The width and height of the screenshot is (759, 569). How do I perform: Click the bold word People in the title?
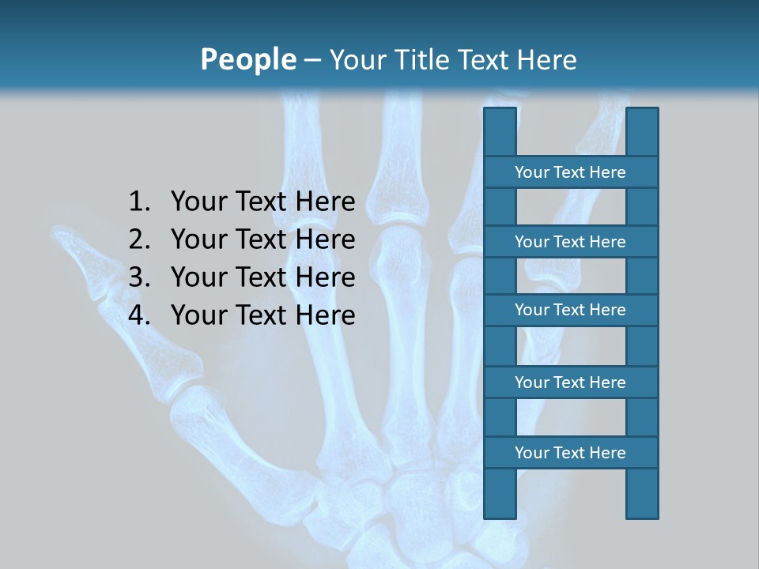(247, 59)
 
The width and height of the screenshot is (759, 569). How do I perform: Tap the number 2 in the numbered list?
(138, 239)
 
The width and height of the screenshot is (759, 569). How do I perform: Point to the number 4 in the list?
(138, 315)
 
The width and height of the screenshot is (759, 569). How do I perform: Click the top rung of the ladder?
(570, 172)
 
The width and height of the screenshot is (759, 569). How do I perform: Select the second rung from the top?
(570, 242)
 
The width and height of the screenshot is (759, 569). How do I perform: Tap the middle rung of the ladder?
(570, 310)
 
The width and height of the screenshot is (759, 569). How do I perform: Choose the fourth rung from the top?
(570, 382)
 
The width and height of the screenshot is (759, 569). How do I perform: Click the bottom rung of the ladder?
(570, 453)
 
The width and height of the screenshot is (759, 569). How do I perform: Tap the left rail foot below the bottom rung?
(500, 493)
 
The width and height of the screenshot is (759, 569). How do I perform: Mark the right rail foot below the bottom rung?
(642, 493)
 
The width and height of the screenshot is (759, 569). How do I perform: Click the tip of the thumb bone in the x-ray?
(59, 232)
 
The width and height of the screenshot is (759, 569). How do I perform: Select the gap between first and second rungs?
(571, 207)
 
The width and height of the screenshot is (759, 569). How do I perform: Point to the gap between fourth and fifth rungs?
(571, 417)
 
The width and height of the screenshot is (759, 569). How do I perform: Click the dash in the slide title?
(312, 60)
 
